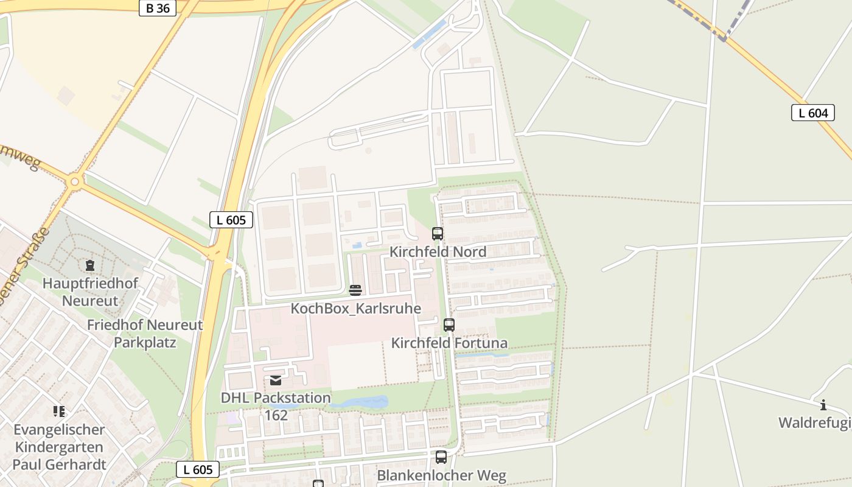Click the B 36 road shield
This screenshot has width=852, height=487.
pos(158,8)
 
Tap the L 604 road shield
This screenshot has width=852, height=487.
pos(812,113)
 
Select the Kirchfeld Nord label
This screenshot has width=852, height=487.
pos(438,251)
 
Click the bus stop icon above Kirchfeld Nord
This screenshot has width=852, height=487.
pos(437,233)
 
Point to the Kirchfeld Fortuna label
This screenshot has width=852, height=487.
pos(449,343)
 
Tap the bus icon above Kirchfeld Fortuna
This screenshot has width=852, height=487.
pos(449,324)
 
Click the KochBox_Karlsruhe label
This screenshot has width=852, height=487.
pos(355,308)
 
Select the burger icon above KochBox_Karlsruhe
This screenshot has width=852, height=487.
pos(355,290)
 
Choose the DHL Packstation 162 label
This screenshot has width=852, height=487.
pos(276,406)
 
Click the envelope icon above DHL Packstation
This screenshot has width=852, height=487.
pos(276,380)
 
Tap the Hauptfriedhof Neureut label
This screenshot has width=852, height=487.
pos(90,292)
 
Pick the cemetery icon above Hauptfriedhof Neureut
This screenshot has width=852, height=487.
pos(90,265)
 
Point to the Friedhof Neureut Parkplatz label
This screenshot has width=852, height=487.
pos(145,333)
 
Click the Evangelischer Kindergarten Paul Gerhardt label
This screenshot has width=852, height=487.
pos(60,447)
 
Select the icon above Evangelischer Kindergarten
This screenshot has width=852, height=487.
pos(59,412)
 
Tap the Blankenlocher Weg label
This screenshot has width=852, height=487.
pos(442,475)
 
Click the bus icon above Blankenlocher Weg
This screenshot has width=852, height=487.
pos(441,457)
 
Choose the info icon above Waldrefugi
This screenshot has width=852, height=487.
pos(823,405)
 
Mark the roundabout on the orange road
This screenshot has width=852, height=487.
pos(75,181)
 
